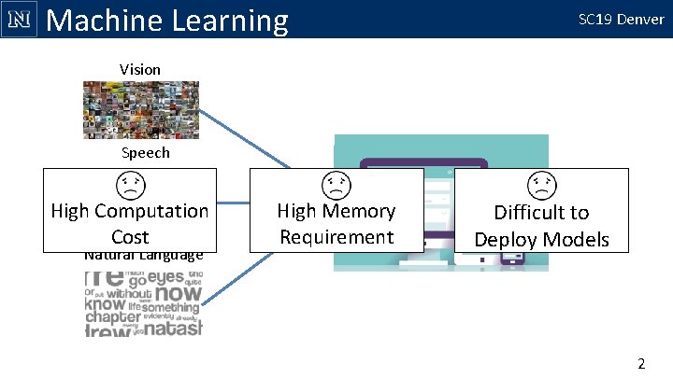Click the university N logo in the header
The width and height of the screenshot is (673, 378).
[x=19, y=19]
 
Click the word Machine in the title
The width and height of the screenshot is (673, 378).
[x=102, y=20]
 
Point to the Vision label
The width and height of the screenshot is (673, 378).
[x=140, y=69]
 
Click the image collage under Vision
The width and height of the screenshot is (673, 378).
[x=140, y=110]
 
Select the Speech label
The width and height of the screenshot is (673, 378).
[x=145, y=152]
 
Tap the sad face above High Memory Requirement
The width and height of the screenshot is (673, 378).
[x=336, y=185]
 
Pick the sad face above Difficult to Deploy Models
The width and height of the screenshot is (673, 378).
[x=541, y=185]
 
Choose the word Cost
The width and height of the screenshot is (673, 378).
[x=130, y=237]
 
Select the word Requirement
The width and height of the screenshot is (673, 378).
[x=336, y=237]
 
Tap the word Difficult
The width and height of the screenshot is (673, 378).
[x=541, y=213]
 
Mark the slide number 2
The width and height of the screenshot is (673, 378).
[x=641, y=363]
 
